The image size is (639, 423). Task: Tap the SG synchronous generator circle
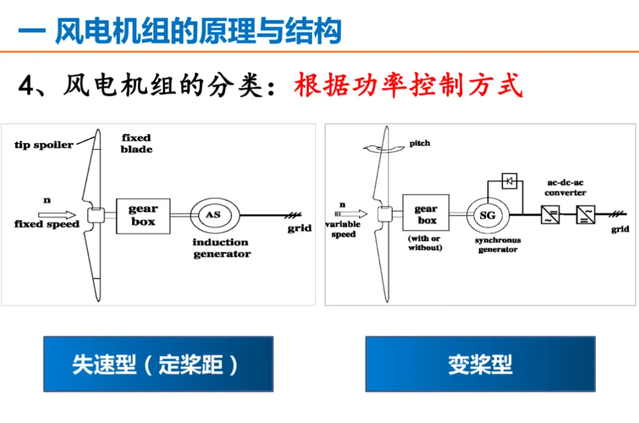click(x=487, y=216)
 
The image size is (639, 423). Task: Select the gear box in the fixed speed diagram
click(x=143, y=215)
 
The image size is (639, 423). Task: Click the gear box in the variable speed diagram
click(x=426, y=214)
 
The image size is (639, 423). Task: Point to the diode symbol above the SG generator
click(x=509, y=181)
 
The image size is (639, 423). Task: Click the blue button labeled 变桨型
click(x=480, y=364)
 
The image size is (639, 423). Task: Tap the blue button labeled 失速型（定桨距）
click(x=158, y=364)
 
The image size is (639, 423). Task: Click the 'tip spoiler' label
click(x=44, y=145)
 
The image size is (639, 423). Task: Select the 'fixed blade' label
click(x=137, y=144)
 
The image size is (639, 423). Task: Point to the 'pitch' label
click(x=419, y=144)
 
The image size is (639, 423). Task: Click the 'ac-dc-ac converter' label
click(x=565, y=188)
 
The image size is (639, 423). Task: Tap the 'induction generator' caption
click(x=221, y=248)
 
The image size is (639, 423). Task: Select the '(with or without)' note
click(x=425, y=243)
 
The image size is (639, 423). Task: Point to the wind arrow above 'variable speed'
click(x=350, y=213)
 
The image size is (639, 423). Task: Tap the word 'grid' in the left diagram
click(x=299, y=229)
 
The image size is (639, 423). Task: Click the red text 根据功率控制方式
click(x=408, y=86)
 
